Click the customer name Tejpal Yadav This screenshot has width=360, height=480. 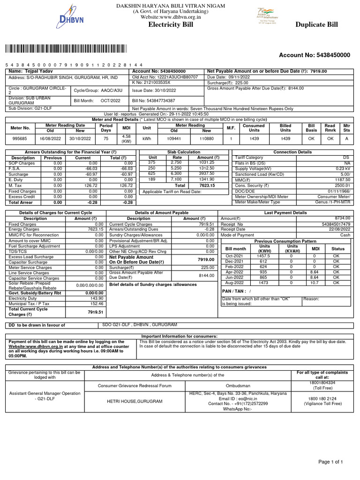click(32, 71)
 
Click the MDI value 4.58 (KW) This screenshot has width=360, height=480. click(126, 138)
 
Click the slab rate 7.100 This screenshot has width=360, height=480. click(176, 179)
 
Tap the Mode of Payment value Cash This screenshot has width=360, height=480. click(345, 235)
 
